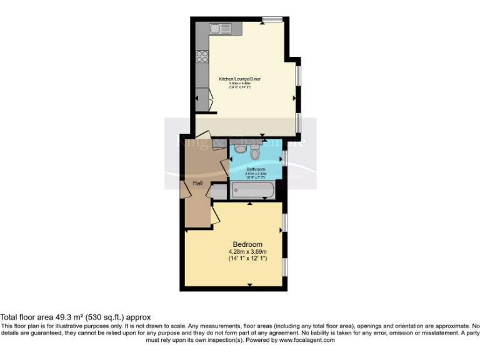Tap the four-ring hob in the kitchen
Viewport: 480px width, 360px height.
pyautogui.click(x=202, y=57)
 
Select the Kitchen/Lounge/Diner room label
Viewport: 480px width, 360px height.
pyautogui.click(x=239, y=79)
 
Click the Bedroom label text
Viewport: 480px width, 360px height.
pyautogui.click(x=247, y=244)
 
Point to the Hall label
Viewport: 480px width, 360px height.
pyautogui.click(x=197, y=183)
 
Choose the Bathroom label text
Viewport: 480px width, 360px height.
pyautogui.click(x=256, y=169)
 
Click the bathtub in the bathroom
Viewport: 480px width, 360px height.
pyautogui.click(x=252, y=191)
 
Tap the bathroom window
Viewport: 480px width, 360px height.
pyautogui.click(x=284, y=157)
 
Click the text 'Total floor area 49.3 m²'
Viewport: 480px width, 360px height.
pyautogui.click(x=46, y=317)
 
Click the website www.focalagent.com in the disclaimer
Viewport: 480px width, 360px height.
pyautogui.click(x=306, y=341)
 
